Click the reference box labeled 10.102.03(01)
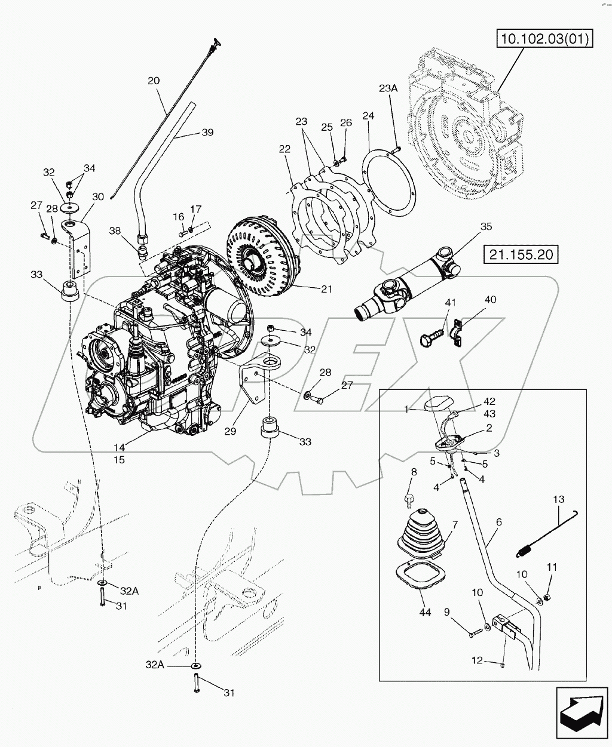543,39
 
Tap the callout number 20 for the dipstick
154,81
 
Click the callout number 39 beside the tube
207,133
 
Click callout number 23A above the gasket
387,88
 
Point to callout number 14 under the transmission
119,446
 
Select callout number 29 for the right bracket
231,431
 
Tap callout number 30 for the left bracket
97,196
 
